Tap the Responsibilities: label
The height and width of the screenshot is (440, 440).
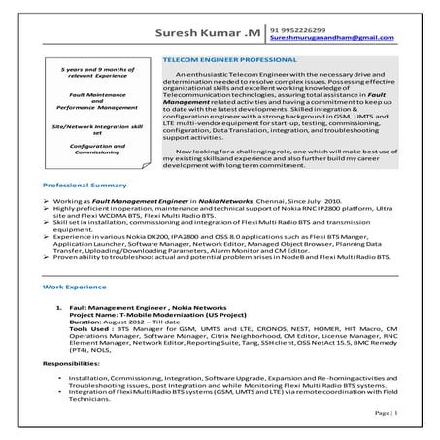point(71,361)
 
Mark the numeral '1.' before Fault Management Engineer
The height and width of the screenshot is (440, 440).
point(60,307)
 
